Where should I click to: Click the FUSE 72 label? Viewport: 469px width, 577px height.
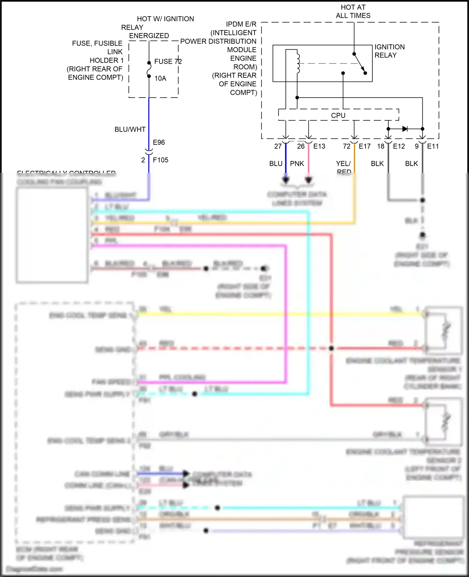[x=168, y=62]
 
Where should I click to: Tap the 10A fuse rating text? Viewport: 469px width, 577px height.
[x=160, y=78]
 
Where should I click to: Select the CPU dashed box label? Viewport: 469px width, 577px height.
[x=338, y=115]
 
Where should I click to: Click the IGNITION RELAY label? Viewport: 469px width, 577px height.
[x=389, y=51]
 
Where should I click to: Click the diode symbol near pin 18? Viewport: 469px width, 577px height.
[x=405, y=129]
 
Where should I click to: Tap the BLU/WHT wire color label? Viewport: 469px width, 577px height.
[x=130, y=129]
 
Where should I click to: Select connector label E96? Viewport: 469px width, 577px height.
[x=159, y=143]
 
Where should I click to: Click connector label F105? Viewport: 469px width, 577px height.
[x=160, y=160]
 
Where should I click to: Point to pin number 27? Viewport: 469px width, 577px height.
[x=278, y=146]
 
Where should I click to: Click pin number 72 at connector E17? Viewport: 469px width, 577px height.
[x=346, y=146]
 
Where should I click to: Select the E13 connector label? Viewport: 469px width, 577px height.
[x=319, y=146]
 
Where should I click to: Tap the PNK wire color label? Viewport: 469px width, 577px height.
[x=297, y=163]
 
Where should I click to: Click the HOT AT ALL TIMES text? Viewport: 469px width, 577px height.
[x=353, y=11]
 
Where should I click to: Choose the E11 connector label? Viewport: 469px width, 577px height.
[x=433, y=146]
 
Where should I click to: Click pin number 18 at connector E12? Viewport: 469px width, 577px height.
[x=381, y=146]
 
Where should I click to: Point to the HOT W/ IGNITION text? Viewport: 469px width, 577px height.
[x=165, y=19]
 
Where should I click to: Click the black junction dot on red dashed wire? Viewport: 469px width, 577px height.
[x=331, y=348]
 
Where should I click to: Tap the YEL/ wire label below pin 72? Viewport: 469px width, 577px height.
[x=343, y=163]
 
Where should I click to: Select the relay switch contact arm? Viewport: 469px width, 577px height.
[x=360, y=64]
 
